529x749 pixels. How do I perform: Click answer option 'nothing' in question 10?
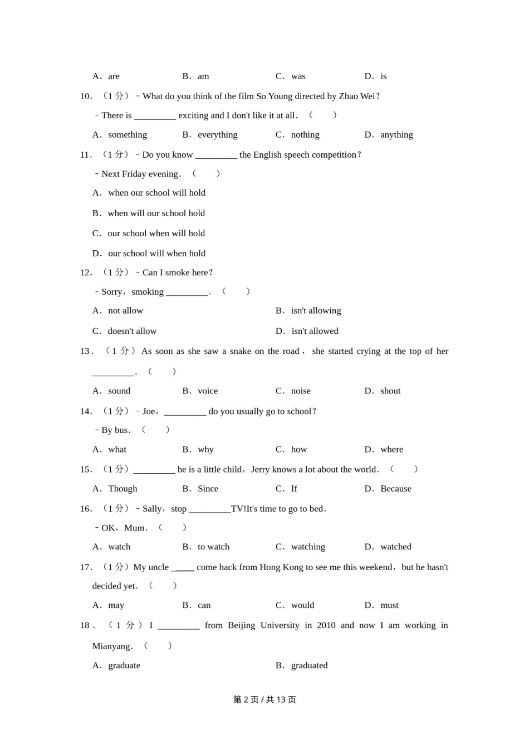pyautogui.click(x=305, y=135)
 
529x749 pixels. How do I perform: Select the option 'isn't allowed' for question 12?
pyautogui.click(x=315, y=331)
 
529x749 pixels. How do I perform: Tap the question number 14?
pyautogui.click(x=86, y=411)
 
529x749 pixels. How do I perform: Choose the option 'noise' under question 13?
pyautogui.click(x=301, y=391)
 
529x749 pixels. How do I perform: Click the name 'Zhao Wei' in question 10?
pyautogui.click(x=356, y=96)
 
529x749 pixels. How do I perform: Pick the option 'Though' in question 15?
pyautogui.click(x=123, y=489)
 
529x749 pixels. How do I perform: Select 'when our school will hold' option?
pyautogui.click(x=156, y=193)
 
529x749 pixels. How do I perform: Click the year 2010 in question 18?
pyautogui.click(x=326, y=625)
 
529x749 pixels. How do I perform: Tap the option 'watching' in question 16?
pyautogui.click(x=308, y=547)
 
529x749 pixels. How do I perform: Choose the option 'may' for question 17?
pyautogui.click(x=116, y=605)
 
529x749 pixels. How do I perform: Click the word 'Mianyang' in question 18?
pyautogui.click(x=111, y=646)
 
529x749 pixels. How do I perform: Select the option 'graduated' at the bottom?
pyautogui.click(x=309, y=665)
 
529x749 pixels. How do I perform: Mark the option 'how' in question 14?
pyautogui.click(x=299, y=450)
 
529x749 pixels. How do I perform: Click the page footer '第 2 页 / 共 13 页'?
pyautogui.click(x=264, y=699)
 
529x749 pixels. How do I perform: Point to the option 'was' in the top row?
pyautogui.click(x=298, y=76)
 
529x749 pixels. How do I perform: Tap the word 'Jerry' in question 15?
pyautogui.click(x=260, y=469)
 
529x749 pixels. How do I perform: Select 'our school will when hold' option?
pyautogui.click(x=156, y=254)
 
